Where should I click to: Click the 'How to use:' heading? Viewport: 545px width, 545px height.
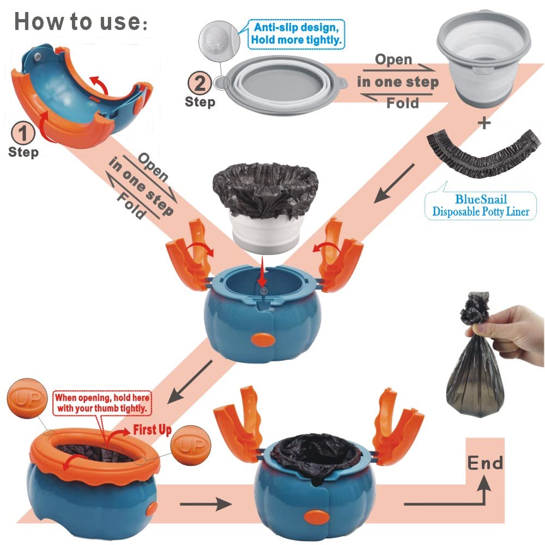81,22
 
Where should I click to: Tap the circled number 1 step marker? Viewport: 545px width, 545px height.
23,133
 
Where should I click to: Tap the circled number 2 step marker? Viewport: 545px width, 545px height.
200,83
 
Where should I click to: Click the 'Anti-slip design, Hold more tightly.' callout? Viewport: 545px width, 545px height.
296,34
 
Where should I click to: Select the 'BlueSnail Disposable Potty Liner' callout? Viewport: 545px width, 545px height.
481,205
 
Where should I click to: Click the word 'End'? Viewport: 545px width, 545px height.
485,463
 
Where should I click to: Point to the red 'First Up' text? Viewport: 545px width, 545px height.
152,429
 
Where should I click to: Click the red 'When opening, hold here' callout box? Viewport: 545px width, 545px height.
102,403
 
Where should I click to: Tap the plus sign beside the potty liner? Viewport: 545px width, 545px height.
483,123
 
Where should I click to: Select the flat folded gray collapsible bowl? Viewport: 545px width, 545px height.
282,85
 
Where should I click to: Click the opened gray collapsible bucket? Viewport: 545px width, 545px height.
483,57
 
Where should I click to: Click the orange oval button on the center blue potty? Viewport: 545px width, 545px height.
263,340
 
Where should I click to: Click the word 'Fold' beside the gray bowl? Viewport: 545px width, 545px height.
403,103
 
